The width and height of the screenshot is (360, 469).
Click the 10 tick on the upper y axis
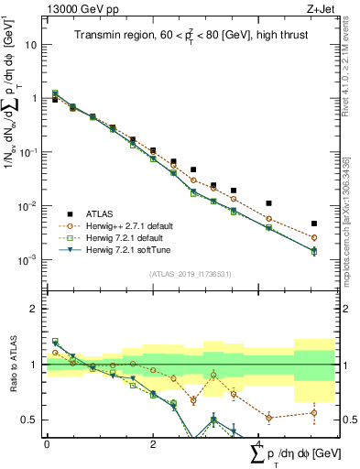(x=34, y=44)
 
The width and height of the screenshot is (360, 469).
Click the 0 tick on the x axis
(x=47, y=444)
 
